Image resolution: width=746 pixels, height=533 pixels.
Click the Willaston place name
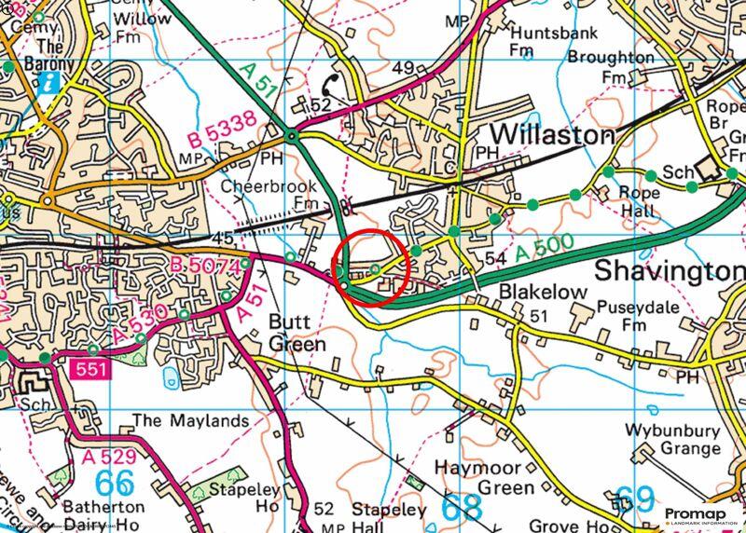pos(551,135)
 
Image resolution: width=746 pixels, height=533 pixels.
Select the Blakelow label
pos(544,293)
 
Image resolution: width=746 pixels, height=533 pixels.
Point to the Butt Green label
pos(297,333)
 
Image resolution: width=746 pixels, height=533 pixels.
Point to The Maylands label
pos(191,420)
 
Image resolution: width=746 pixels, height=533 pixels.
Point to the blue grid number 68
pos(461,508)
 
